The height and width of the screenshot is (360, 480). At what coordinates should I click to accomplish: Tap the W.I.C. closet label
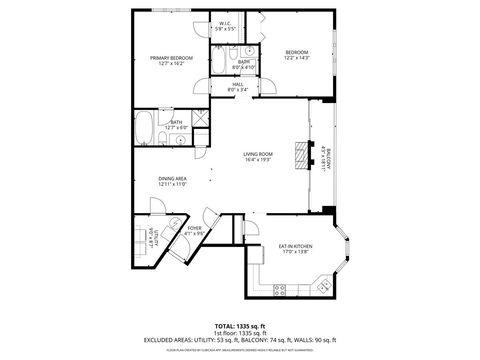[226, 24]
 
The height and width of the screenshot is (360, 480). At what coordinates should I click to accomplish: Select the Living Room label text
[258, 154]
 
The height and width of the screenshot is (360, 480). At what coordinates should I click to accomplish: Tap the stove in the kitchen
[282, 289]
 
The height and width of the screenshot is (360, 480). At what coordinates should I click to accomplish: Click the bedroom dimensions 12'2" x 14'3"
[297, 58]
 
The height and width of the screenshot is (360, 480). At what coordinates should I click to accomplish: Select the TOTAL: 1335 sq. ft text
[240, 326]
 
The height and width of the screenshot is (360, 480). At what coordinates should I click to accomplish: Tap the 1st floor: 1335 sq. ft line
[240, 333]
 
